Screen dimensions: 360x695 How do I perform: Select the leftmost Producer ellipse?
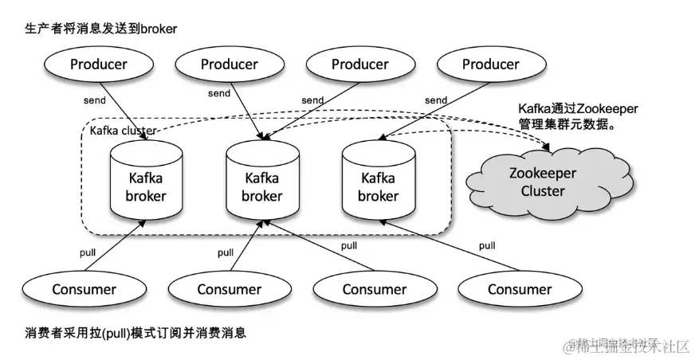[x=98, y=64]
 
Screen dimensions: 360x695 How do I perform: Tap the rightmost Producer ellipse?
[x=490, y=64]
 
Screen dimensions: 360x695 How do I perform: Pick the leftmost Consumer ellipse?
[x=84, y=289]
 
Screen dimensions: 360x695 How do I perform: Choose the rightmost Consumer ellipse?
[x=519, y=289]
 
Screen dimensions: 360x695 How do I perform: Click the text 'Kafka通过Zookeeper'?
[x=579, y=108]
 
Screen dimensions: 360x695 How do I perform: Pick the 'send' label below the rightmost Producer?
[x=436, y=100]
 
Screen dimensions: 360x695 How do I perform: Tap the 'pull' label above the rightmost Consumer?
[x=486, y=245]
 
